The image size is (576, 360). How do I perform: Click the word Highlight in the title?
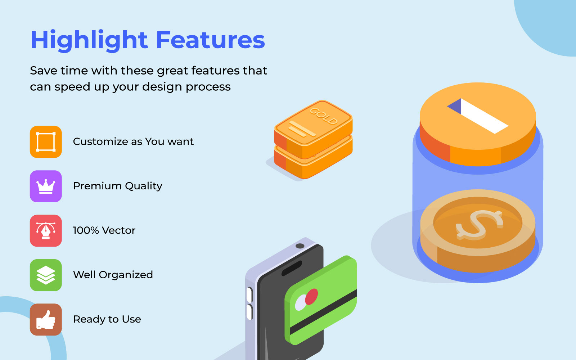89,41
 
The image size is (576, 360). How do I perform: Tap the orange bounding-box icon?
46,142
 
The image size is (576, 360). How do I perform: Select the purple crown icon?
46,186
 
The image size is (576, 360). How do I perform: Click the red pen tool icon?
46,231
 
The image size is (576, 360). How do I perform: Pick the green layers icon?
46,275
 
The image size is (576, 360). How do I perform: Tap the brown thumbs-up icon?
46,320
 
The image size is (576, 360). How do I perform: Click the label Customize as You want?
133,142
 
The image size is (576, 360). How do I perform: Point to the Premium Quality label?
118,186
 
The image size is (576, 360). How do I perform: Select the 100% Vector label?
104,230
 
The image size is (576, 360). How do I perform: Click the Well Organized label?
113,275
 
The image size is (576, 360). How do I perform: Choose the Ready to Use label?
107,319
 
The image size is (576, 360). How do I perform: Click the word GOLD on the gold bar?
324,116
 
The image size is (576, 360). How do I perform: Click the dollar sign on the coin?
479,225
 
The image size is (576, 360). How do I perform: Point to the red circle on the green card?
311,297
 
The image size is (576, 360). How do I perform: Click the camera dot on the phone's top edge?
300,246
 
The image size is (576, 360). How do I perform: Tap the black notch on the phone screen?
292,268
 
